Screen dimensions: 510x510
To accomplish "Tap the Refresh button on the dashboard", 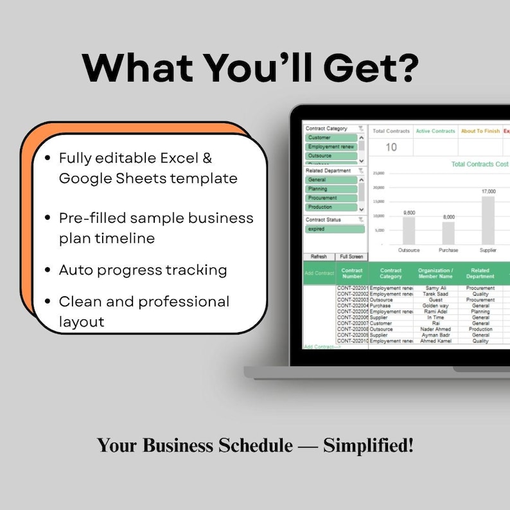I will [319, 257].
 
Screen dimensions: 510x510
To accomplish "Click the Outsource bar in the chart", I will [409, 231].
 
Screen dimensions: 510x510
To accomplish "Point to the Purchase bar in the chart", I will [448, 233].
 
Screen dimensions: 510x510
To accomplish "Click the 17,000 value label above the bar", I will [488, 191].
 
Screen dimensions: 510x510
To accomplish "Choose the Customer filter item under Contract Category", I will [331, 137].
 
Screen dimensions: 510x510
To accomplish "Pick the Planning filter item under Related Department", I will [331, 189].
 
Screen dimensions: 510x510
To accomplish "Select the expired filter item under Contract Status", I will [334, 229].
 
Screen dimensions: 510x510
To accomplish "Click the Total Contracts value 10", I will [391, 148].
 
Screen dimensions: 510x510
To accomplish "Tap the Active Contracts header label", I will [435, 131].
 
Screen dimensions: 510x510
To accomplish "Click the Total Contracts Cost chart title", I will [479, 164].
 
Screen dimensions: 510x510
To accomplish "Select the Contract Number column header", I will [352, 273].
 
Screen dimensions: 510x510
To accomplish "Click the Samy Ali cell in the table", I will [435, 288].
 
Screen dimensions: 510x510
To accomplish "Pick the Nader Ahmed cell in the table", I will [435, 329].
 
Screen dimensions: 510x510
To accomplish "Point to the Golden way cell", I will [435, 306].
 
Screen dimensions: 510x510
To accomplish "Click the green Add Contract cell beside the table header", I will [319, 273].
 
